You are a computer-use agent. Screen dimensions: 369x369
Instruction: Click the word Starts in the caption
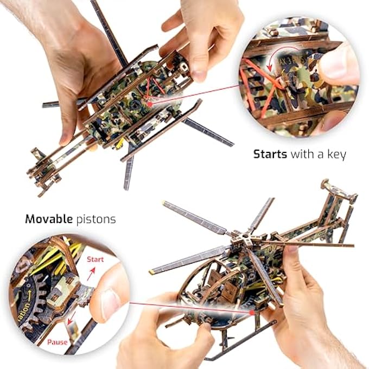pos(271,154)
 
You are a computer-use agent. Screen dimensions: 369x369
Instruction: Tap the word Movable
pos(48,220)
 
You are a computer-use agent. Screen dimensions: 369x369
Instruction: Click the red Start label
pos(95,259)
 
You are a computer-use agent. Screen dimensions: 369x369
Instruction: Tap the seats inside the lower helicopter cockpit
pos(217,282)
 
